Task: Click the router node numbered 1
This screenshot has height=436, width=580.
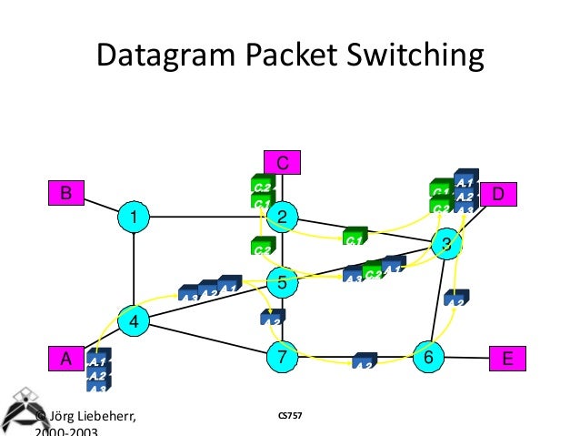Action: click(x=134, y=218)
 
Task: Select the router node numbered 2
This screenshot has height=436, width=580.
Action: click(x=282, y=217)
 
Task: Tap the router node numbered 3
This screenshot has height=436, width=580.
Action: click(x=445, y=243)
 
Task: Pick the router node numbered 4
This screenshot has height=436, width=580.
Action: click(x=134, y=320)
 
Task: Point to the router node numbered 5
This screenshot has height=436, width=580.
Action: click(x=282, y=282)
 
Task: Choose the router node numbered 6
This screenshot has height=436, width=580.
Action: click(x=427, y=357)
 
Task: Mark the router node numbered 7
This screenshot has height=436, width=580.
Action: click(x=282, y=357)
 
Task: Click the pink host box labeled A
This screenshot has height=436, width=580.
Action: click(x=65, y=359)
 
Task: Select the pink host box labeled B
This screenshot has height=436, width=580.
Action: click(x=65, y=193)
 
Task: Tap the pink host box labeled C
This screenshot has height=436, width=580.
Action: click(x=282, y=163)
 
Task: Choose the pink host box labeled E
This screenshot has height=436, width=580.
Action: click(x=506, y=359)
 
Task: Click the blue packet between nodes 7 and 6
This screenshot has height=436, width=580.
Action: click(x=365, y=360)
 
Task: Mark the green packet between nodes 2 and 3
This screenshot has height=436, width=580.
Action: click(x=354, y=238)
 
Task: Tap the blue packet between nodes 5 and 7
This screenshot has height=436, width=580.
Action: click(x=272, y=318)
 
